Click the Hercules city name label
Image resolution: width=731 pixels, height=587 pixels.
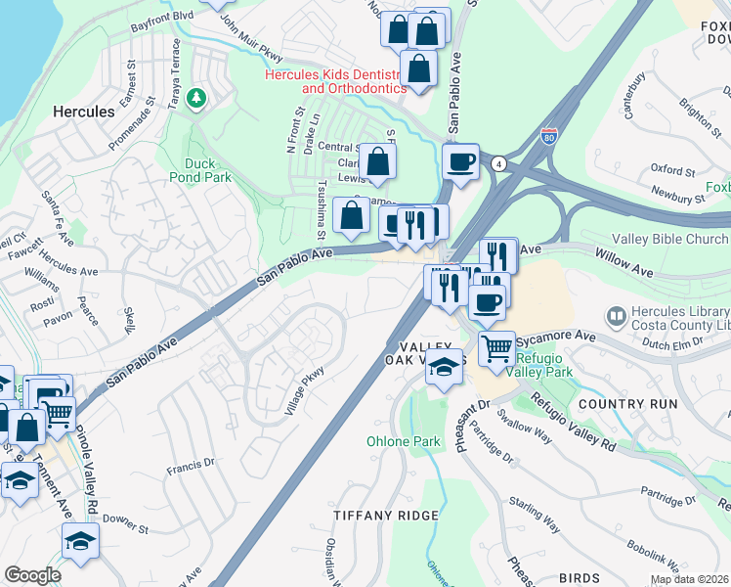click(x=83, y=112)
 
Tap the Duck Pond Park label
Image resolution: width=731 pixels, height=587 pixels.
click(x=207, y=170)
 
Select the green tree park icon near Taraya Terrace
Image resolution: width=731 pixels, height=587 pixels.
click(x=196, y=98)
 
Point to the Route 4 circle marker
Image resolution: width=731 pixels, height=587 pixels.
click(x=498, y=162)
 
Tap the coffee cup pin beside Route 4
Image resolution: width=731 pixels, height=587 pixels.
click(x=460, y=161)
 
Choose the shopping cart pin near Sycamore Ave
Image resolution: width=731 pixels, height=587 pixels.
click(x=496, y=347)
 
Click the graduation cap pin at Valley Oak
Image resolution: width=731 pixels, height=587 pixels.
click(x=445, y=367)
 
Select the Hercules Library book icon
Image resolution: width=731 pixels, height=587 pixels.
click(x=616, y=315)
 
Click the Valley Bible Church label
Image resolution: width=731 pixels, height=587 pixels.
click(x=669, y=240)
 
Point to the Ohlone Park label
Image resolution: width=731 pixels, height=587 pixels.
click(x=404, y=441)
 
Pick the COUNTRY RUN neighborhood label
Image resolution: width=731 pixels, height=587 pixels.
click(x=627, y=403)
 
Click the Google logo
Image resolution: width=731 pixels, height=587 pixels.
click(x=32, y=575)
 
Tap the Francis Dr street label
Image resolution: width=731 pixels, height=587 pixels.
click(x=190, y=466)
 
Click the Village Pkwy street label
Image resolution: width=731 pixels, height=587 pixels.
click(x=303, y=390)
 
